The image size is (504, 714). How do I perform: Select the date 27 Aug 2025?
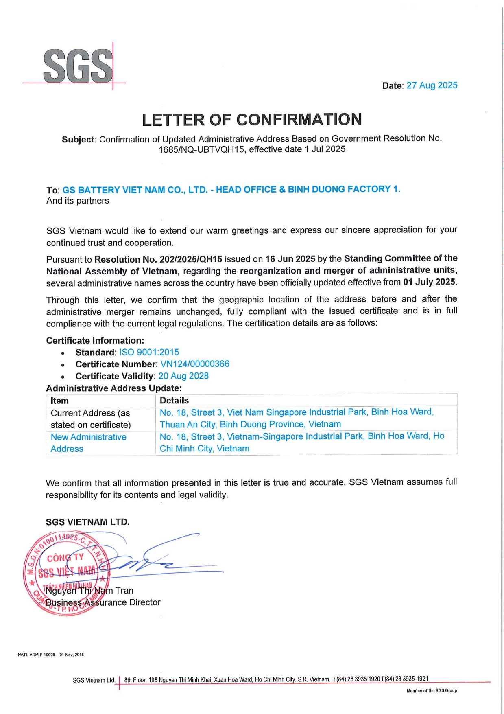coord(432,85)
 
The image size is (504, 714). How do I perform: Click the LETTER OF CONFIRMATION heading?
coord(252,120)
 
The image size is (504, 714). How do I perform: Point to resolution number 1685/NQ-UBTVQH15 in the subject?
coord(202,149)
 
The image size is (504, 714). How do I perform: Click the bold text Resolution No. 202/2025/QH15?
coord(158,259)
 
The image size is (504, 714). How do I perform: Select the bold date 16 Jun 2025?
coord(290,259)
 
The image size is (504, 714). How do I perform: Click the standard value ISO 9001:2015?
coord(149,352)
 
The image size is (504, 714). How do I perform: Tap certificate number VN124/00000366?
coord(195,364)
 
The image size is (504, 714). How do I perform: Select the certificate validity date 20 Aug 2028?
coord(183,376)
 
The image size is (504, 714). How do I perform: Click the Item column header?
coord(60,401)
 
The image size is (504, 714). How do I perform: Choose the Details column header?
coord(174,401)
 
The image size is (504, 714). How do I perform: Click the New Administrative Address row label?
coord(88,443)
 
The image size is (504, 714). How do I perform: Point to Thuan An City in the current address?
coord(188,424)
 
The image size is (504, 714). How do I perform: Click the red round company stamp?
coord(65,573)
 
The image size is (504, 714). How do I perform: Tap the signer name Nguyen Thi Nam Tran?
coord(89,591)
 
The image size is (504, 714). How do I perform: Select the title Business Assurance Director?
coord(103,602)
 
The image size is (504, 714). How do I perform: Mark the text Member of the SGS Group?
coord(432,690)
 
